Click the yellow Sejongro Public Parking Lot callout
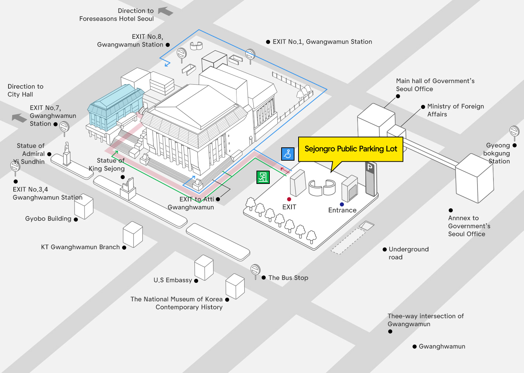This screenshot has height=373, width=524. point(351,149)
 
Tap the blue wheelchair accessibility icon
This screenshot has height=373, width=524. point(287,154)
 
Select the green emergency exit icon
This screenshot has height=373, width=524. point(263,177)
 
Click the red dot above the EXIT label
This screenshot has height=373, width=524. point(289,199)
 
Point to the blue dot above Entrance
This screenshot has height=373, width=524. point(342,204)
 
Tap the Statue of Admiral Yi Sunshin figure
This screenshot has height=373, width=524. point(67,153)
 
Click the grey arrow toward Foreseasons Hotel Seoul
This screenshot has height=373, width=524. point(166,11)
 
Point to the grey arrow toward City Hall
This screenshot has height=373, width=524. point(19,118)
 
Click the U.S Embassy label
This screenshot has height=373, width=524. point(173,280)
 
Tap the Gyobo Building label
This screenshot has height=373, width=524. point(48,219)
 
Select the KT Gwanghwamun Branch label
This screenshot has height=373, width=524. point(80,247)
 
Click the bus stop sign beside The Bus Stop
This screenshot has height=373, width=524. point(255,270)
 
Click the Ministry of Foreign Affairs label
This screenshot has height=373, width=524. point(455,110)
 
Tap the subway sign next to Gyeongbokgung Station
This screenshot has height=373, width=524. point(514,131)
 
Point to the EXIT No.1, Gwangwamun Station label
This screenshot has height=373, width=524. point(322,42)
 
